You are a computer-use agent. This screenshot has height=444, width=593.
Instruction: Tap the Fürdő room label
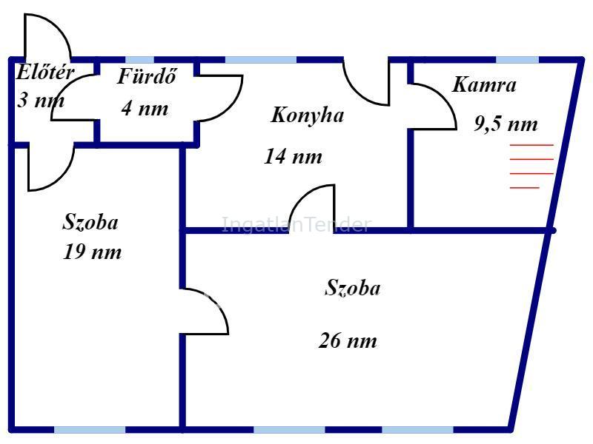(147, 77)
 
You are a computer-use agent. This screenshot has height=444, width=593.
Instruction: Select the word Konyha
(307, 115)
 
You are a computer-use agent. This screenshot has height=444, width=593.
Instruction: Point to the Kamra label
(484, 84)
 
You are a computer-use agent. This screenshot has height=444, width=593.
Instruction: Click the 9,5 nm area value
(506, 124)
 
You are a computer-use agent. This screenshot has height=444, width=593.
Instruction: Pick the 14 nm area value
(293, 157)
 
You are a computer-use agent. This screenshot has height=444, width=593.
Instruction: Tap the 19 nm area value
(92, 252)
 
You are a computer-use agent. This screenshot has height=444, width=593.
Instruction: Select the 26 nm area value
(348, 341)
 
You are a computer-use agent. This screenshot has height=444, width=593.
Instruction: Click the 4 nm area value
(145, 109)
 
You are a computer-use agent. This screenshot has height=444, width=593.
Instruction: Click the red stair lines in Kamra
(531, 166)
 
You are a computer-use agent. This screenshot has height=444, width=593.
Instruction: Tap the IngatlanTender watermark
(296, 225)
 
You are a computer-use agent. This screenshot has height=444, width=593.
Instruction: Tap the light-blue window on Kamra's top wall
(517, 59)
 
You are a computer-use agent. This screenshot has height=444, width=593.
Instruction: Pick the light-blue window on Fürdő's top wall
(139, 59)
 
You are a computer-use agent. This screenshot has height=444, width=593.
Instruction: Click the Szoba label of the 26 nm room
(353, 288)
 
